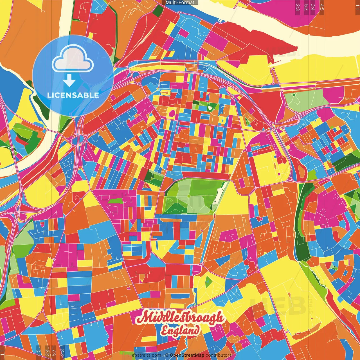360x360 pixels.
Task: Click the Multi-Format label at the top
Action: point(180,3)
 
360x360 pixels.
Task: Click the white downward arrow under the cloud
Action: point(69,81)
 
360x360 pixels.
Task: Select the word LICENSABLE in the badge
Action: point(73,95)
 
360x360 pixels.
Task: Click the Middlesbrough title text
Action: point(180,318)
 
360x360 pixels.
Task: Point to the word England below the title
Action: point(180,331)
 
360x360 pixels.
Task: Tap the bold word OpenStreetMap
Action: point(187,355)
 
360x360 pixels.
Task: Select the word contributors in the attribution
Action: point(219,355)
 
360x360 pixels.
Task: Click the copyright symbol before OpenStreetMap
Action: point(167,355)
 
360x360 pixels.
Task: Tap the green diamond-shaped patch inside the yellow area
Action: point(208,282)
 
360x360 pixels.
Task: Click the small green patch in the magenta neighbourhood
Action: point(116,201)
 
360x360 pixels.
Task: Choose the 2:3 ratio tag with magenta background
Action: point(298,7)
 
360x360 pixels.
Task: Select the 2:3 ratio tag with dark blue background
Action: point(62,352)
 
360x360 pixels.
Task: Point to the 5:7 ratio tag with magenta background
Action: point(306,7)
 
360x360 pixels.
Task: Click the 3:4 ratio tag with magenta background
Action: point(313,7)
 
